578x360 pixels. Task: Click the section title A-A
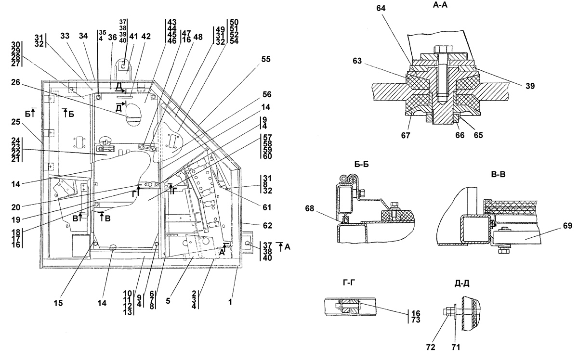click(440, 5)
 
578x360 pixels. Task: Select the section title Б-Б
click(361, 164)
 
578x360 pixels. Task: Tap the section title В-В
click(498, 174)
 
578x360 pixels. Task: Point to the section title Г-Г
click(349, 283)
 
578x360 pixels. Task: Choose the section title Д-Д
click(462, 283)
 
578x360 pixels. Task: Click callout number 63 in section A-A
click(357, 61)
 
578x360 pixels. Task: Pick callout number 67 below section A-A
click(406, 135)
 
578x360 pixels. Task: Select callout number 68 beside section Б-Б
click(310, 208)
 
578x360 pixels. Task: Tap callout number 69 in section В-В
click(567, 226)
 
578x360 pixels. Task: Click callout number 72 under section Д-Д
click(431, 347)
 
